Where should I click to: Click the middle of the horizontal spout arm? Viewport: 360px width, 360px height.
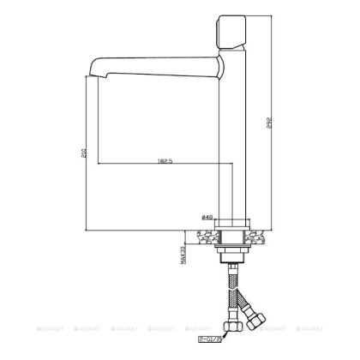coord(154,64)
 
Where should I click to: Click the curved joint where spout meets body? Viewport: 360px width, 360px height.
coord(218,68)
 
